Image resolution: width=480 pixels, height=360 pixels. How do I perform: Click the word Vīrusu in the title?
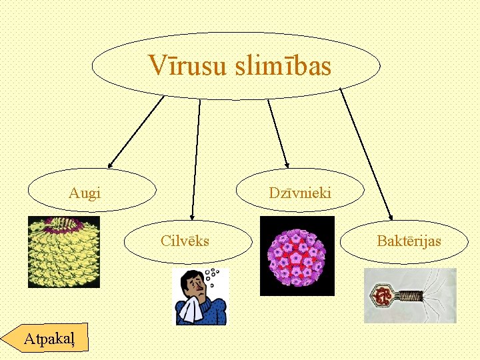tap(189, 66)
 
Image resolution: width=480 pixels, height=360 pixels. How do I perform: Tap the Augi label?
tap(85, 193)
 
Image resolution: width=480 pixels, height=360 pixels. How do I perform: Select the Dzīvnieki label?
tap(300, 193)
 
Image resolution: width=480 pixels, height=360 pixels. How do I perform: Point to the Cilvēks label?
tap(185, 241)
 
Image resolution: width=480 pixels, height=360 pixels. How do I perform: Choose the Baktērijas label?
tap(409, 241)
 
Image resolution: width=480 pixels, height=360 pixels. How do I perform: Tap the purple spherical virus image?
tap(297, 256)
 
